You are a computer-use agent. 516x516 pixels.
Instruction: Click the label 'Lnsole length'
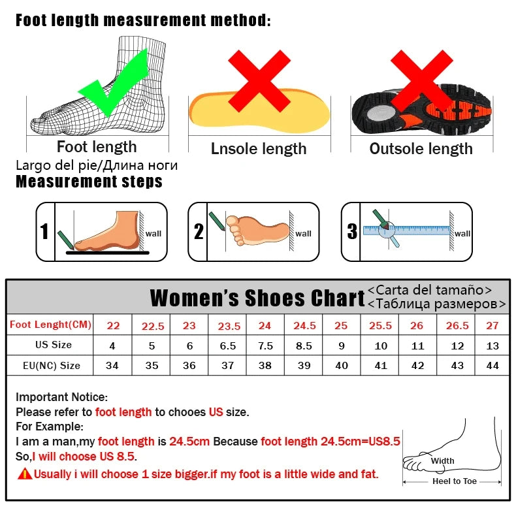coord(259,149)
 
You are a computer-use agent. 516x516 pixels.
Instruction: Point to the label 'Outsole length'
coord(421,149)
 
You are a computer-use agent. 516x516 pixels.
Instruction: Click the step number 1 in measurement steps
coord(44,232)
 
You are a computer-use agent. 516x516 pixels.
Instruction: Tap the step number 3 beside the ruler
coord(352,232)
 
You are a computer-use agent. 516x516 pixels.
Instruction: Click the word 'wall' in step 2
coord(303,233)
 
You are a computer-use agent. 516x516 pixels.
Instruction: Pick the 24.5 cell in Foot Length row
coord(304,325)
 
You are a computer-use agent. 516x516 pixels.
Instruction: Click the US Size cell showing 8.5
coord(304,346)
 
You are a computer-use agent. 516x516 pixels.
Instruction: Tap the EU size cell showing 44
coord(492,366)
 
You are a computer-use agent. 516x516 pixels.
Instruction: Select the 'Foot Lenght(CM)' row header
coord(50,325)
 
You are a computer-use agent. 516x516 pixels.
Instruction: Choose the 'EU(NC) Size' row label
coord(50,366)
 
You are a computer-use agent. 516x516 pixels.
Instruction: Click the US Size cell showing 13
coord(492,346)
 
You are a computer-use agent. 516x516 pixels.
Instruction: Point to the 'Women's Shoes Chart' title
coord(257,298)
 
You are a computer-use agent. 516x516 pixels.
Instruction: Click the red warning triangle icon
coord(25,474)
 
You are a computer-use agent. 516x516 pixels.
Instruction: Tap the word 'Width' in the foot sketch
coord(442,461)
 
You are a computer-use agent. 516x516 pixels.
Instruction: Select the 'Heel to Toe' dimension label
coord(455,481)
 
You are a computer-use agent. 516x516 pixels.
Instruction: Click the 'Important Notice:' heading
coord(61,396)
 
